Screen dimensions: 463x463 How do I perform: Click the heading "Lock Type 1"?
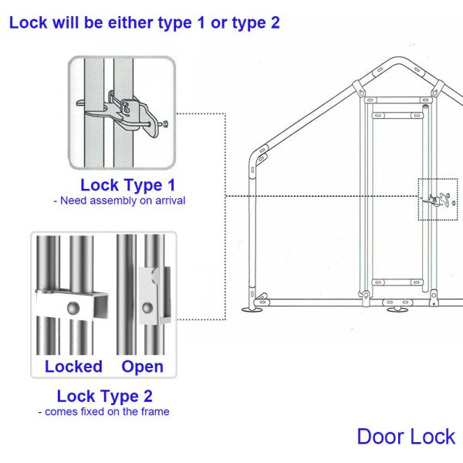click(128, 185)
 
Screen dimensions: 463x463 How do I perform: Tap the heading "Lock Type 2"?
click(105, 396)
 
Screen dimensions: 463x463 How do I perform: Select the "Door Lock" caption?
click(406, 437)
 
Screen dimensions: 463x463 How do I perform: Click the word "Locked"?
click(73, 367)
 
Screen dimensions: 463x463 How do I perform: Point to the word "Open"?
click(142, 367)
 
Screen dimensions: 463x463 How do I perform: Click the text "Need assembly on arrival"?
click(123, 201)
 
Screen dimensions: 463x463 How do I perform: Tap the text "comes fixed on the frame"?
click(107, 411)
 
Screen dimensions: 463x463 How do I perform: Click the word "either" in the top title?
click(130, 22)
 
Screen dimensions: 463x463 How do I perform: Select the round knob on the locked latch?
click(73, 308)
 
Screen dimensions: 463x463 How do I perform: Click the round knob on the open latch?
click(147, 308)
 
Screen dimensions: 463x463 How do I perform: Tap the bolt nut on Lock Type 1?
click(165, 123)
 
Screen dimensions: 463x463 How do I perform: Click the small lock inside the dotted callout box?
click(438, 200)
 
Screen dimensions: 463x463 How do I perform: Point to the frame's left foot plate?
click(252, 309)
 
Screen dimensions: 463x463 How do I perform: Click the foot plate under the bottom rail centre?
click(397, 309)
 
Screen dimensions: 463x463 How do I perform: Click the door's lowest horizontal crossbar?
click(397, 282)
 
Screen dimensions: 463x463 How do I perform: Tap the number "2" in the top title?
click(275, 22)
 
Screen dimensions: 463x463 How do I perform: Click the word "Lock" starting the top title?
click(29, 22)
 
